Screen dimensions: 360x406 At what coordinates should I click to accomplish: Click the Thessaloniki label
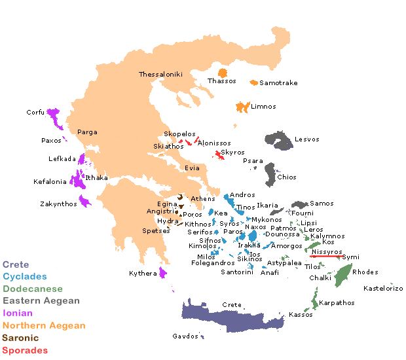(160, 75)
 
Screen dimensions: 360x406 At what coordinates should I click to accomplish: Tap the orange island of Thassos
(223, 73)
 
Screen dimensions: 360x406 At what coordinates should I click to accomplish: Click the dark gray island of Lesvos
(279, 141)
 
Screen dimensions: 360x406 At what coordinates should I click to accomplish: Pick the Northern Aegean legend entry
(44, 325)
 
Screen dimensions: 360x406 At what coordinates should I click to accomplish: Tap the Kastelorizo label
(383, 289)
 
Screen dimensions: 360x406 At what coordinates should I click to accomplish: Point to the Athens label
(202, 199)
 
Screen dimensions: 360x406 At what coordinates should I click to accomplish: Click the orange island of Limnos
(242, 107)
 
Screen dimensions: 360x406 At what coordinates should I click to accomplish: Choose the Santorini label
(236, 272)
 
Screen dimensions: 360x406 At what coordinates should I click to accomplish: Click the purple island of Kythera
(163, 271)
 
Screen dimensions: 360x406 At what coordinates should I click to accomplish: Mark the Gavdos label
(184, 336)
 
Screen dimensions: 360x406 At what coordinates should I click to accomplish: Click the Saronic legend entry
(20, 338)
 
